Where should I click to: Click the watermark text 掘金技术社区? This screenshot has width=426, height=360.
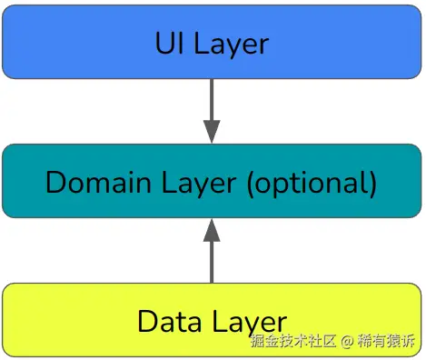(293, 342)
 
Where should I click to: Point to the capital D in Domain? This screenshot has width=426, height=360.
(56, 182)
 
